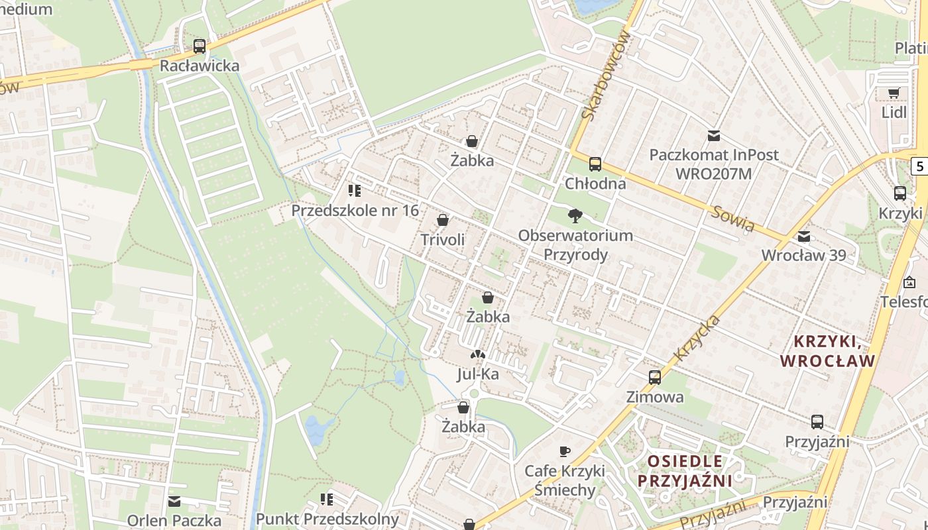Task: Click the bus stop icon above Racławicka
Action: (200, 46)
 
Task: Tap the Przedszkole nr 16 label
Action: (355, 211)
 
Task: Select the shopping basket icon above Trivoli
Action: (443, 220)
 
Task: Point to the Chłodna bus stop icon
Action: (595, 164)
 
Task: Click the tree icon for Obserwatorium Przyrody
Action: (575, 215)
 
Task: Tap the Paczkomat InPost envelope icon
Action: (714, 136)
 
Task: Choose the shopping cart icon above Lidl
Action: (894, 93)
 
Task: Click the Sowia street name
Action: (733, 219)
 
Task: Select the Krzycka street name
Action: (697, 338)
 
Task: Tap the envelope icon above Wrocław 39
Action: (804, 237)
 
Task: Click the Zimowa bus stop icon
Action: (655, 378)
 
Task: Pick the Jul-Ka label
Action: (478, 374)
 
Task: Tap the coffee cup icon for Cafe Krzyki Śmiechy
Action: (565, 451)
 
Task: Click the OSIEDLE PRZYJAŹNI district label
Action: (685, 471)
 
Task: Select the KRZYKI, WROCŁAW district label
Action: (828, 352)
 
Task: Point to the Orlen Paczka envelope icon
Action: (174, 502)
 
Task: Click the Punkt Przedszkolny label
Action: (327, 519)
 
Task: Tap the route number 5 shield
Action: (920, 166)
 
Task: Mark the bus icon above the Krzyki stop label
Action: (900, 193)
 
